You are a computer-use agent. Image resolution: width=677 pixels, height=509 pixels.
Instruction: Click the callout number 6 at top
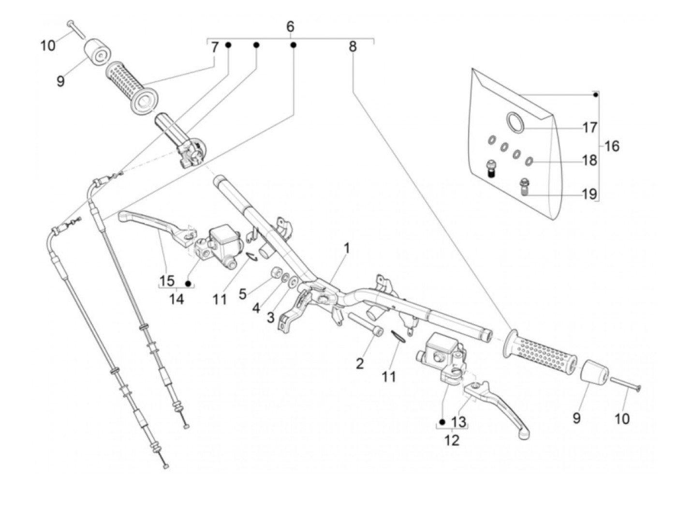pos(290,27)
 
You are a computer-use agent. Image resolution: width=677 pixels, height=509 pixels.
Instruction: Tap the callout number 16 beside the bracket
pos(612,146)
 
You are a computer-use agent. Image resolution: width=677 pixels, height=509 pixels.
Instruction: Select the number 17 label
pos(589,127)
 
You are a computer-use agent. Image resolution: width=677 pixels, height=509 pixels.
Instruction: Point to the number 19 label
pos(589,194)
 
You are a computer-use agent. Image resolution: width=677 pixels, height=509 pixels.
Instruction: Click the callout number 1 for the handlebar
pos(346,249)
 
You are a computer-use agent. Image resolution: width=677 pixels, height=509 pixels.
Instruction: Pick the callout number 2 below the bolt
pos(360,364)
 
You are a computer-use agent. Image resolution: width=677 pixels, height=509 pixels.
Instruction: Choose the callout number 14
pos(177,299)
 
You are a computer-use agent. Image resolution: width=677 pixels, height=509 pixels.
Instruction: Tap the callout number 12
pos(452,440)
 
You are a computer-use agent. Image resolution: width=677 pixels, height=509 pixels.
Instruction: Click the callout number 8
pos(353,46)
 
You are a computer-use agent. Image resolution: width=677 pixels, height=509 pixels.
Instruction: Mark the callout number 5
pos(243,294)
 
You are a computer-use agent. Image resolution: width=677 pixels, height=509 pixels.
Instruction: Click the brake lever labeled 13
pos(497,409)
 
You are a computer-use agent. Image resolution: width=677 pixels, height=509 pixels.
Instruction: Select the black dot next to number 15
pos(188,283)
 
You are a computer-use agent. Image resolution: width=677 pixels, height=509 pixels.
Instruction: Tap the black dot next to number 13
pos(442,422)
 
